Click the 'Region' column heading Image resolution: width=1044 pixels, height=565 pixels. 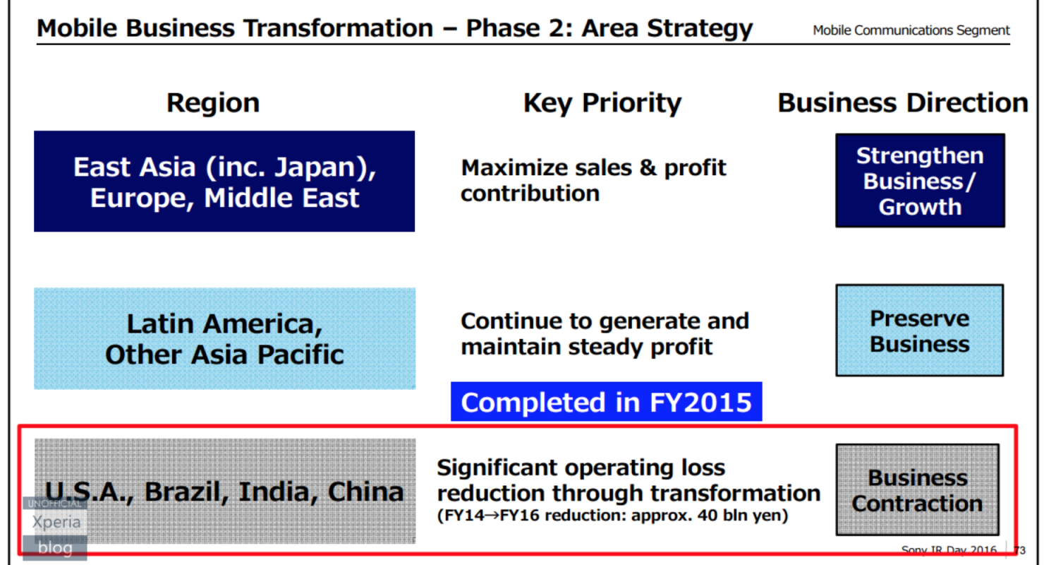(x=213, y=103)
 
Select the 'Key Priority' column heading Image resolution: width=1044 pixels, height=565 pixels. (x=602, y=103)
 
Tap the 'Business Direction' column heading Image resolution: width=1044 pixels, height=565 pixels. (x=903, y=102)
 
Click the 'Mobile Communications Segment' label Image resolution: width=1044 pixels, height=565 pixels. (x=911, y=30)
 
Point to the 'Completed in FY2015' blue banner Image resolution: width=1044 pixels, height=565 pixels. (x=607, y=402)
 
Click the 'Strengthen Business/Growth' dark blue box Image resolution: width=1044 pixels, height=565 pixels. (x=920, y=181)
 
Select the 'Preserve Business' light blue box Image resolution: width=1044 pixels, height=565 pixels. (x=920, y=331)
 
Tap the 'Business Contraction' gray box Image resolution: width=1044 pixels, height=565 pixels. (x=917, y=489)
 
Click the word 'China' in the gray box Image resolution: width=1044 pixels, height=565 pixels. (x=366, y=492)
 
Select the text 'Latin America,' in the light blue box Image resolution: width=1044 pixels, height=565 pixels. (x=224, y=323)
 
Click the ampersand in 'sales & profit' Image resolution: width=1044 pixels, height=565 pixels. (x=648, y=167)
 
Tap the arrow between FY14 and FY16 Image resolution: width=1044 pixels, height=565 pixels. (x=492, y=516)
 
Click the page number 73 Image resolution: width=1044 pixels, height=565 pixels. (x=1020, y=551)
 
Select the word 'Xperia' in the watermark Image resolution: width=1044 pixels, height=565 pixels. (x=56, y=522)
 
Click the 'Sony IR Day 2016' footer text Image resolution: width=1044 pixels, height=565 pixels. (x=949, y=551)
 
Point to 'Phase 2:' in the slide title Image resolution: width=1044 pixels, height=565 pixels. (x=520, y=28)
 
